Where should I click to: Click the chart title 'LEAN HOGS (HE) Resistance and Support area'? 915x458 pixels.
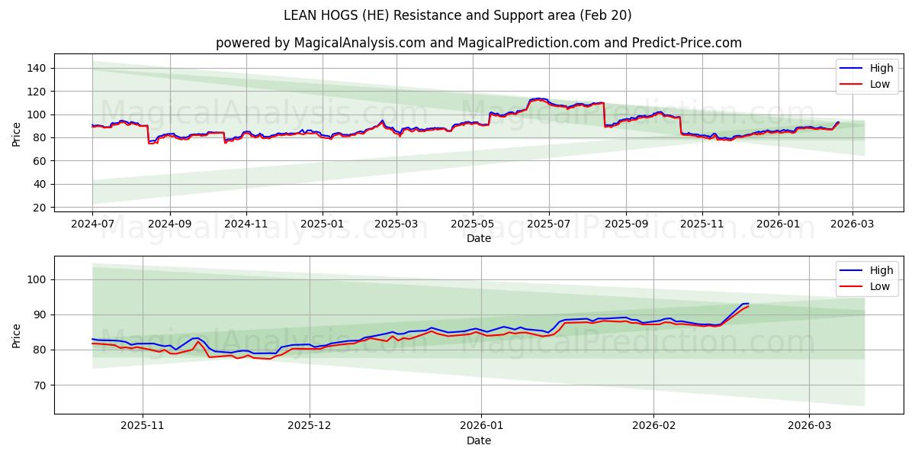(x=457, y=15)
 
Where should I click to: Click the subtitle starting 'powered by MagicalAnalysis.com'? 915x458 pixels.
(x=478, y=43)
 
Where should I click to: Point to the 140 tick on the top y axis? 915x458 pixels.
(x=37, y=68)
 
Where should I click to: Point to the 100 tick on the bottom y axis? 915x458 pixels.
(x=37, y=279)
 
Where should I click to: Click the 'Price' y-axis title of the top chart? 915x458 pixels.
(x=18, y=134)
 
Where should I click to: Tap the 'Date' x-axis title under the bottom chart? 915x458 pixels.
(x=478, y=440)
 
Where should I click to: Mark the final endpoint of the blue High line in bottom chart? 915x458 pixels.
(x=748, y=303)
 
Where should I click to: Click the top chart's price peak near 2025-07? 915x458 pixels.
(x=538, y=98)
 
